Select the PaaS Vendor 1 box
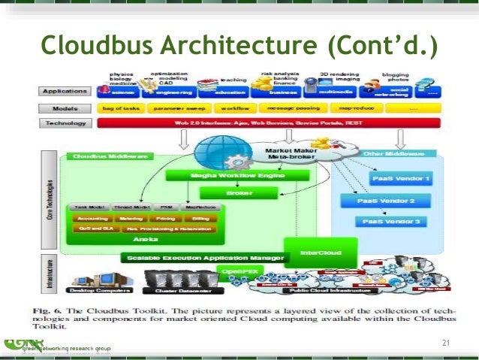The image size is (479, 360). (400, 180)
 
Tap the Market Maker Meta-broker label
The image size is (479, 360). (291, 153)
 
